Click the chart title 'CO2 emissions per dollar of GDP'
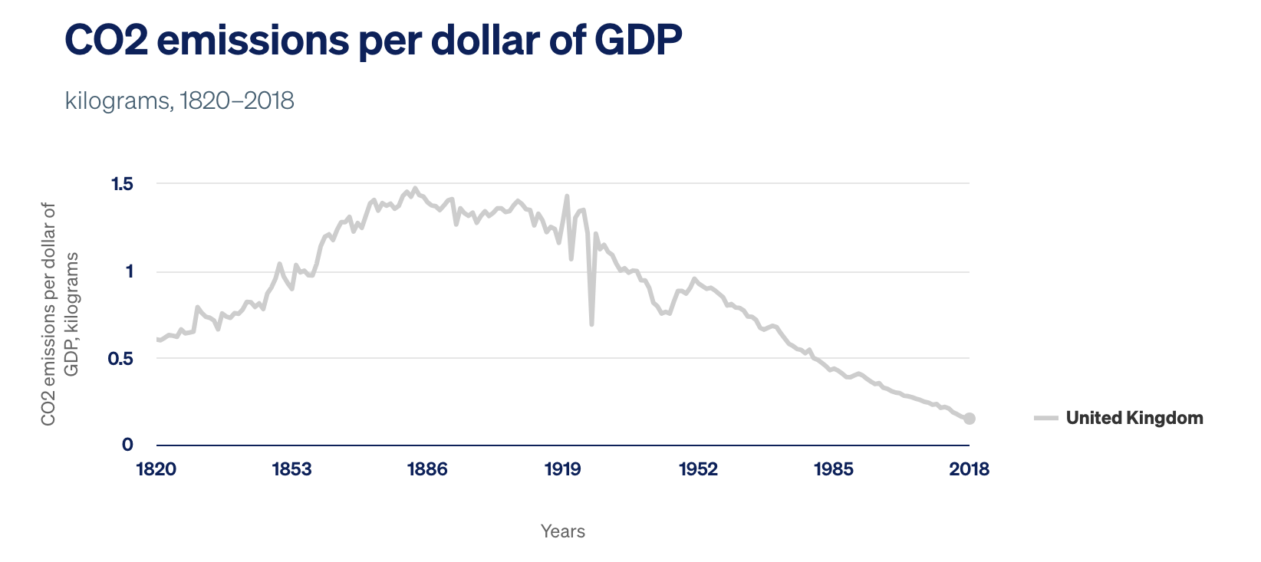tap(373, 40)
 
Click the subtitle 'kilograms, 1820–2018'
tap(179, 100)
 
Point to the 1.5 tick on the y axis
tap(122, 184)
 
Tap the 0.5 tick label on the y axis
tap(120, 359)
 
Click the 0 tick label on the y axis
tap(127, 445)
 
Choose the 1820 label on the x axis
tap(156, 469)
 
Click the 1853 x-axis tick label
tap(291, 469)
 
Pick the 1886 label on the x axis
tap(427, 469)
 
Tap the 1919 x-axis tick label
tap(563, 469)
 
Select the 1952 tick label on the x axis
tap(698, 469)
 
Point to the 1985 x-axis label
tap(834, 469)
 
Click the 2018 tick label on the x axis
tap(969, 469)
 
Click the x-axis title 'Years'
tap(562, 531)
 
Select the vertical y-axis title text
tap(60, 314)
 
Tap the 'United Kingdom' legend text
tap(1134, 418)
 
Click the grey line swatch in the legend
tap(1045, 418)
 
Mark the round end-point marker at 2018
tap(970, 419)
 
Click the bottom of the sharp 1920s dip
tap(591, 324)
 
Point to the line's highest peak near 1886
tap(415, 188)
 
